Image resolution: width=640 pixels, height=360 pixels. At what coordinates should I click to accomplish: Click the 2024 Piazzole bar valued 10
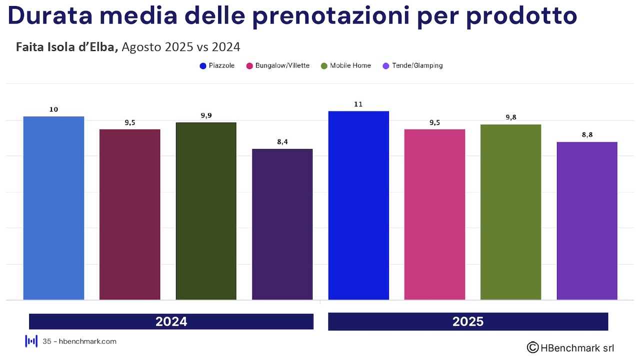coord(53,208)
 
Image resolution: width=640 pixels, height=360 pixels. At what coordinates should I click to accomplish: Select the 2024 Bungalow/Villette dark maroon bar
coord(130,214)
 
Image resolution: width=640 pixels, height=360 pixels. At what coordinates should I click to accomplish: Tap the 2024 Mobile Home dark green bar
coord(206,211)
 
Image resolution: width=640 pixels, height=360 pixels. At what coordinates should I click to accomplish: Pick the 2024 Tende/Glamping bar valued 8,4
coord(282,224)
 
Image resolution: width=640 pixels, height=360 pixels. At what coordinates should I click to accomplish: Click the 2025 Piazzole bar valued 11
coord(358,205)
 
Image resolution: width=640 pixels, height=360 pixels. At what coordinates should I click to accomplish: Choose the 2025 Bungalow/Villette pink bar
coord(434,214)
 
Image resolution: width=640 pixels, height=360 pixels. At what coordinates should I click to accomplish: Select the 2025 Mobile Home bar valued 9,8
coord(510,212)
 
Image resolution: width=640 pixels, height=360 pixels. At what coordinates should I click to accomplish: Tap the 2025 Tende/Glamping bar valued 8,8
coord(587,221)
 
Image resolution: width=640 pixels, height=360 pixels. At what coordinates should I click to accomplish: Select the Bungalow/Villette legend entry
coord(277,65)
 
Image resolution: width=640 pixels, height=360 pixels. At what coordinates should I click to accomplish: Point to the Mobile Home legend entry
coord(346,65)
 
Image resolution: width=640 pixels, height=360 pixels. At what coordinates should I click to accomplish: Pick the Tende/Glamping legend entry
coord(412,65)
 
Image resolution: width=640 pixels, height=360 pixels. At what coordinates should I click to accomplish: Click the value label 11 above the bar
coord(358,104)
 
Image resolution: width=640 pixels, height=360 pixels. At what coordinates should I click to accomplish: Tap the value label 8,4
coord(282,142)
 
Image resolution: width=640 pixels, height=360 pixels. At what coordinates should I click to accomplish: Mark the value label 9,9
coord(206,115)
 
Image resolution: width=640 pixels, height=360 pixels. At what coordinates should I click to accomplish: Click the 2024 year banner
coord(171,321)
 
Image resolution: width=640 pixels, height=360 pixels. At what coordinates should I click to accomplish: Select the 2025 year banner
coord(467,321)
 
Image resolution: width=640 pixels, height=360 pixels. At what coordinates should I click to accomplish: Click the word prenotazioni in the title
coord(357,16)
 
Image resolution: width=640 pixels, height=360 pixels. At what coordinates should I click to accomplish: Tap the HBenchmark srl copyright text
coord(570,347)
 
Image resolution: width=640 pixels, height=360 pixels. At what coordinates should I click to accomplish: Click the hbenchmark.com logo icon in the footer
coord(31,341)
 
